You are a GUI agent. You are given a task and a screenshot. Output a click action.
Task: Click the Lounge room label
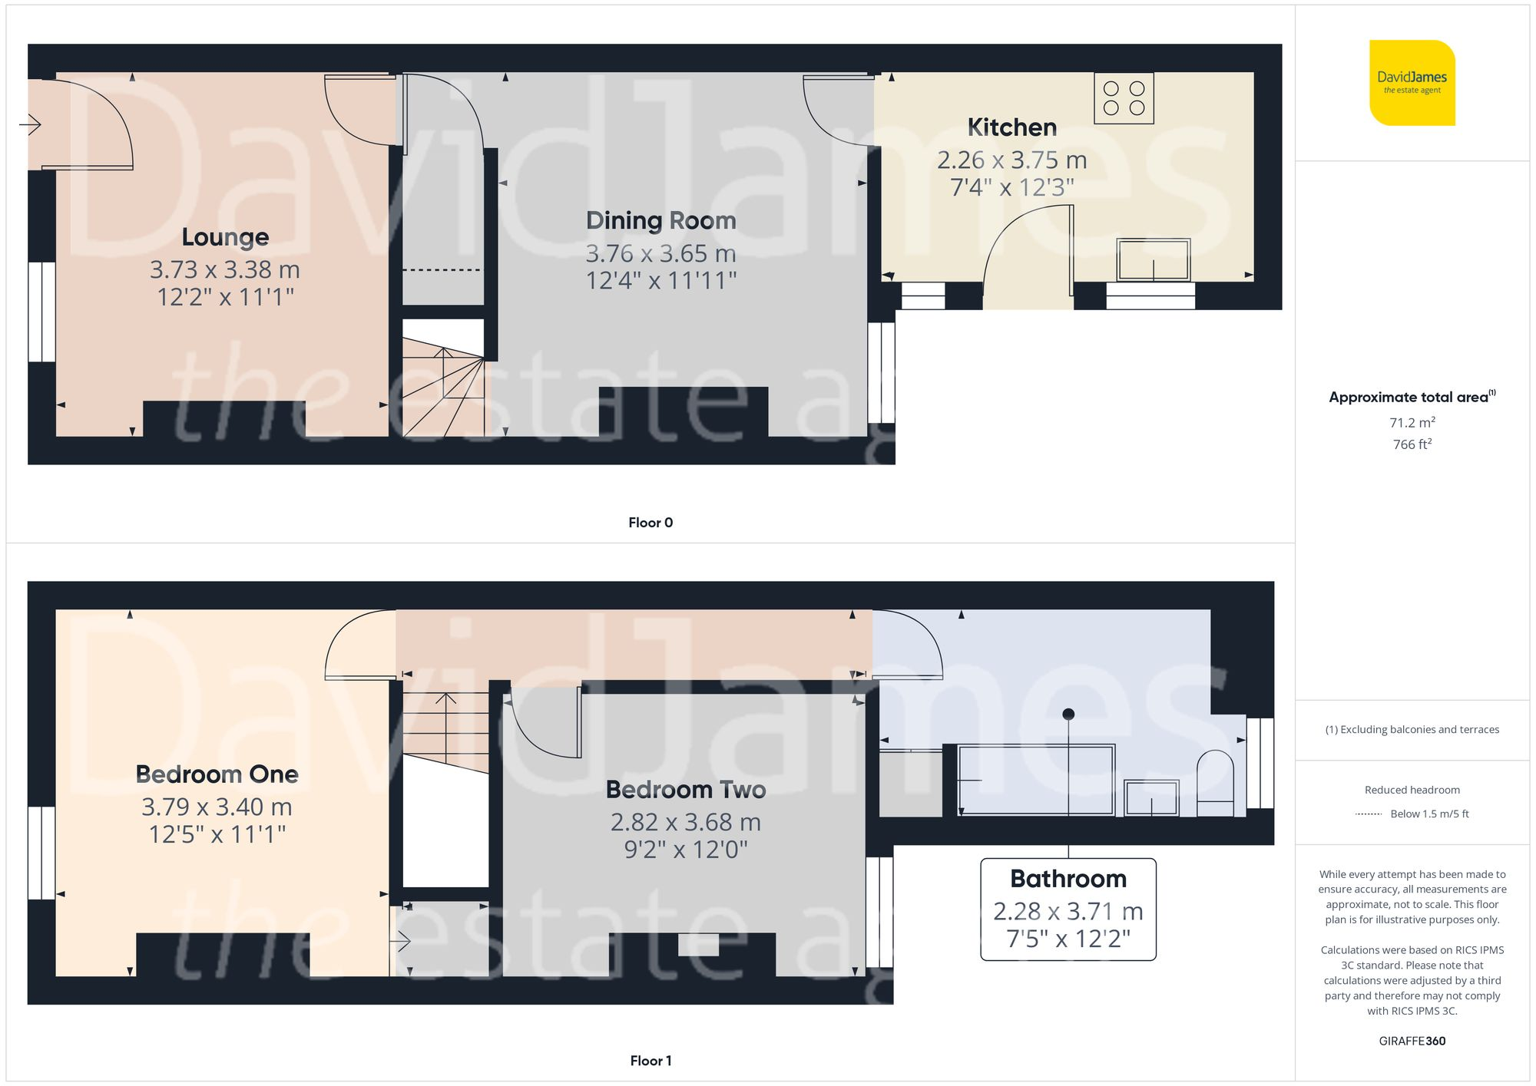click(225, 237)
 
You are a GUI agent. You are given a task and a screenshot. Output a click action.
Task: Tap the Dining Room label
click(660, 221)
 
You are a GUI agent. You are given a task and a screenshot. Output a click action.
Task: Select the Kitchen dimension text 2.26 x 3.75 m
click(1011, 160)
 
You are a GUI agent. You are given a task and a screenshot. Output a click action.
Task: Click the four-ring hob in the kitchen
click(1124, 98)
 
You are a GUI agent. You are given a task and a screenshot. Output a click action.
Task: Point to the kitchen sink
click(1154, 260)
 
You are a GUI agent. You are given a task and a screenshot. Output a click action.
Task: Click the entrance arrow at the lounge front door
click(30, 124)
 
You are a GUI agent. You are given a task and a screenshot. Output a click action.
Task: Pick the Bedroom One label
click(217, 774)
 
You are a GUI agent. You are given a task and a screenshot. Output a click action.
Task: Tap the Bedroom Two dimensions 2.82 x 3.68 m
click(685, 823)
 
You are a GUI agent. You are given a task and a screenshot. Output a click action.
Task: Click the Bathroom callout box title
click(1068, 879)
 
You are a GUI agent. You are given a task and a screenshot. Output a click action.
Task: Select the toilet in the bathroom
click(1215, 784)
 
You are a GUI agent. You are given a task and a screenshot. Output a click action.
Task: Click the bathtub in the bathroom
click(1035, 780)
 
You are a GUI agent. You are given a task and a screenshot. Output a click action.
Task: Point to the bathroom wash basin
click(1150, 798)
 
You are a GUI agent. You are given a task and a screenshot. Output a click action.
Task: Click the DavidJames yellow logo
click(1412, 83)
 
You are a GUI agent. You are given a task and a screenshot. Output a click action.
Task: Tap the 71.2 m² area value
click(1412, 423)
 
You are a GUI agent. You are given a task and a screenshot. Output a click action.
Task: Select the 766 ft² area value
click(1412, 444)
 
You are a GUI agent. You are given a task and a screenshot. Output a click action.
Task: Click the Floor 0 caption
click(650, 523)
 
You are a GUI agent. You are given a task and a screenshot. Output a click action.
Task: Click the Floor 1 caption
click(650, 1061)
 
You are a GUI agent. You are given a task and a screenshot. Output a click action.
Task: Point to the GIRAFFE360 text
click(1412, 1041)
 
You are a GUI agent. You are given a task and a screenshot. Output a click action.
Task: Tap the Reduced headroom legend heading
click(1412, 790)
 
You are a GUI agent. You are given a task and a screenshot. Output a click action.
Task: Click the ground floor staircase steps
click(444, 391)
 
